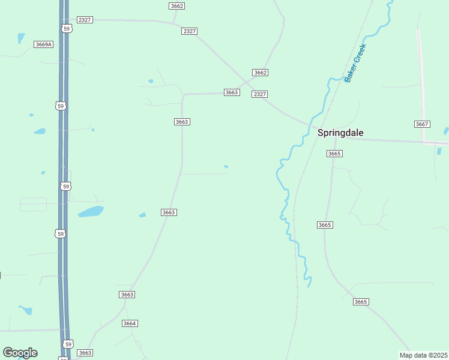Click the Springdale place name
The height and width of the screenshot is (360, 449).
(x=340, y=133)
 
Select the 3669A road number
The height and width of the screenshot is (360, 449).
(x=44, y=44)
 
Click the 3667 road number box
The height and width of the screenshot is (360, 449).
(x=422, y=124)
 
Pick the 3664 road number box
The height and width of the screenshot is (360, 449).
(x=130, y=323)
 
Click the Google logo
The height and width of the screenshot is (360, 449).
(x=20, y=353)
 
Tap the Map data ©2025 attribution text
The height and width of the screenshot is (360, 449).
(x=423, y=355)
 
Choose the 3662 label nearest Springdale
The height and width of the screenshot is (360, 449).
(x=260, y=73)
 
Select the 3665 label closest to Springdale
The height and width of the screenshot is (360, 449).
(x=334, y=154)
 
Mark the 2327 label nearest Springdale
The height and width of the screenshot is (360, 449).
(x=260, y=94)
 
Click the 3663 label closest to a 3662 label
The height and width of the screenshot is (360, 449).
(x=232, y=92)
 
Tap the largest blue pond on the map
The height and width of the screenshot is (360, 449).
(x=91, y=211)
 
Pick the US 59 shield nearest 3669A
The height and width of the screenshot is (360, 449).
(x=67, y=29)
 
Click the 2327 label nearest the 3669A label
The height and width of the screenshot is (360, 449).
(x=85, y=20)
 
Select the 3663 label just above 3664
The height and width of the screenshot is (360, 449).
(x=127, y=295)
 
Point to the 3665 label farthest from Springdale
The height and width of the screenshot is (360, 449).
(x=361, y=302)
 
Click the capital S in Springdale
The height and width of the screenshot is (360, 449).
(x=321, y=133)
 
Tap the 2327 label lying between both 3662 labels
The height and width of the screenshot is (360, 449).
(x=190, y=31)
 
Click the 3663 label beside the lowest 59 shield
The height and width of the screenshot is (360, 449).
(x=85, y=353)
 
